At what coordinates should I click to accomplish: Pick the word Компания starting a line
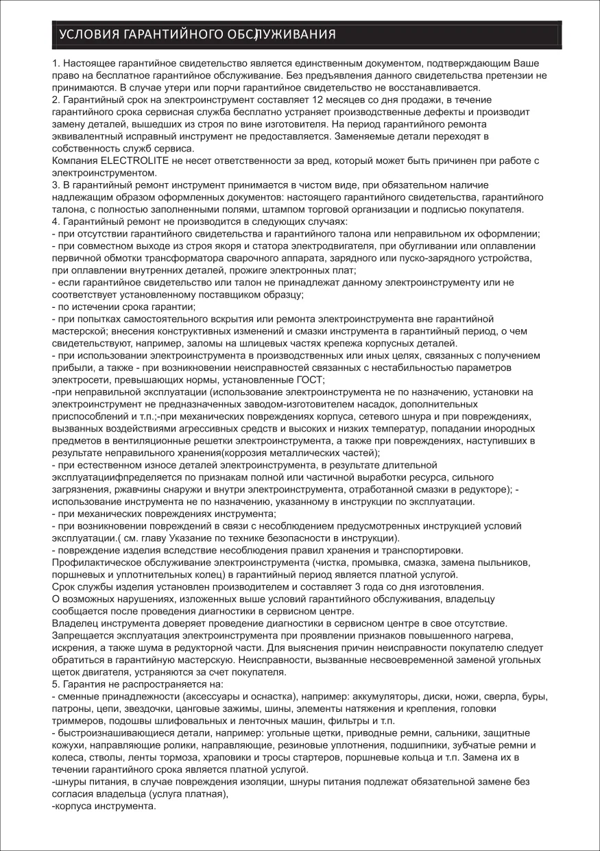(x=74, y=160)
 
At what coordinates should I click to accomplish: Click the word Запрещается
(x=83, y=636)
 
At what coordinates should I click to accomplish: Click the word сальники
(x=457, y=733)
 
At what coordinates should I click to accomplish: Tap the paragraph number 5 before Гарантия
(x=56, y=684)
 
